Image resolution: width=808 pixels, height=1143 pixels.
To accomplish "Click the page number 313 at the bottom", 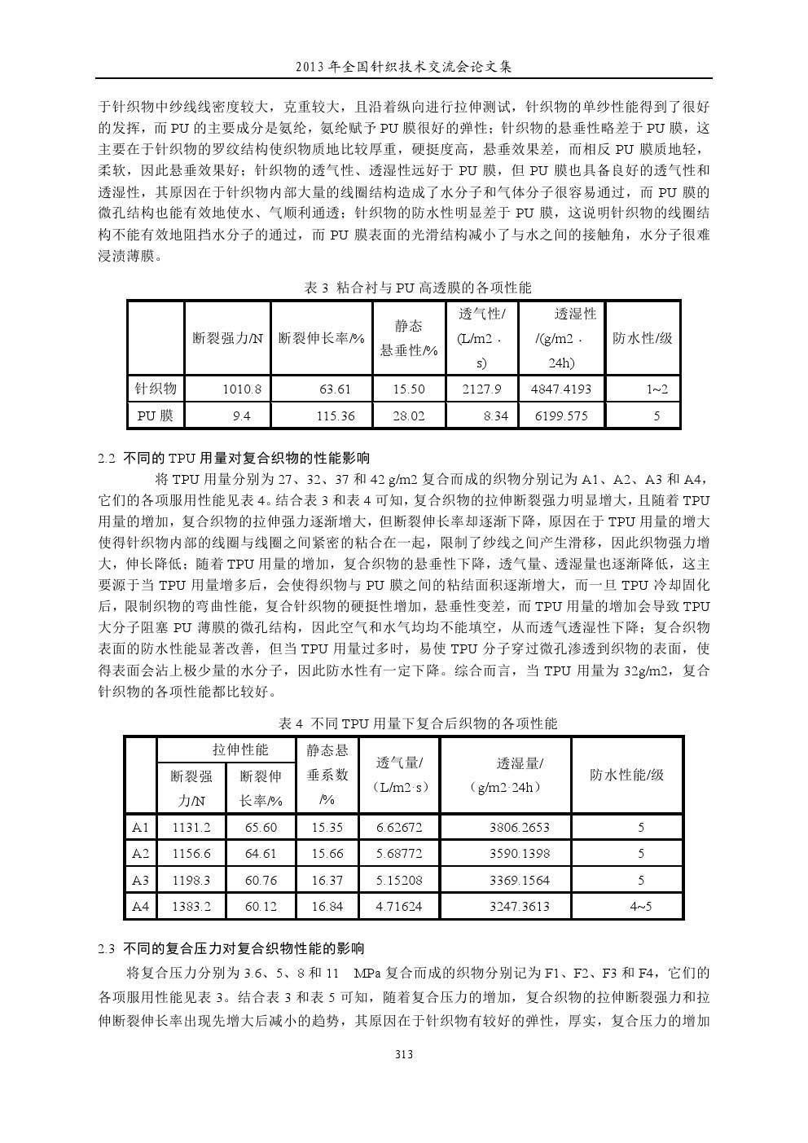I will [x=404, y=1054].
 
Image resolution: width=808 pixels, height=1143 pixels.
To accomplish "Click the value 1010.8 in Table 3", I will [x=242, y=389].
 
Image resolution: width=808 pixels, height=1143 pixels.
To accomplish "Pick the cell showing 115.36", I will [x=336, y=416].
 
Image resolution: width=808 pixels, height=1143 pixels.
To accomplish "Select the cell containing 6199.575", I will [x=560, y=416].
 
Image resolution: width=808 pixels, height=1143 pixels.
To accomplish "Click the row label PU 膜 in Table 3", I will [x=155, y=415].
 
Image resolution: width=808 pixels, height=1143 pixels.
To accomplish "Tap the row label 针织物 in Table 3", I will [x=155, y=389].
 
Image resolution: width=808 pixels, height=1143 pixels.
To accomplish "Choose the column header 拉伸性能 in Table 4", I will [x=240, y=750].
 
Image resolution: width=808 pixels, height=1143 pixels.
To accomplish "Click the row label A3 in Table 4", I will [x=140, y=880].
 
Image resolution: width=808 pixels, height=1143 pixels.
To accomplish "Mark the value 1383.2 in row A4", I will [x=191, y=906].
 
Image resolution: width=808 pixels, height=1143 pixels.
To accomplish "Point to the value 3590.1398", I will [x=520, y=854].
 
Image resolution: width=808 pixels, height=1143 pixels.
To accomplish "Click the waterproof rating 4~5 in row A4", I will [x=640, y=906].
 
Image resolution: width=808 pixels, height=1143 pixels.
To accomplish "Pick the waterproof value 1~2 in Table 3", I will [x=656, y=389].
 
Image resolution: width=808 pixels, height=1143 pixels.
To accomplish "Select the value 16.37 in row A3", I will [x=327, y=880].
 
